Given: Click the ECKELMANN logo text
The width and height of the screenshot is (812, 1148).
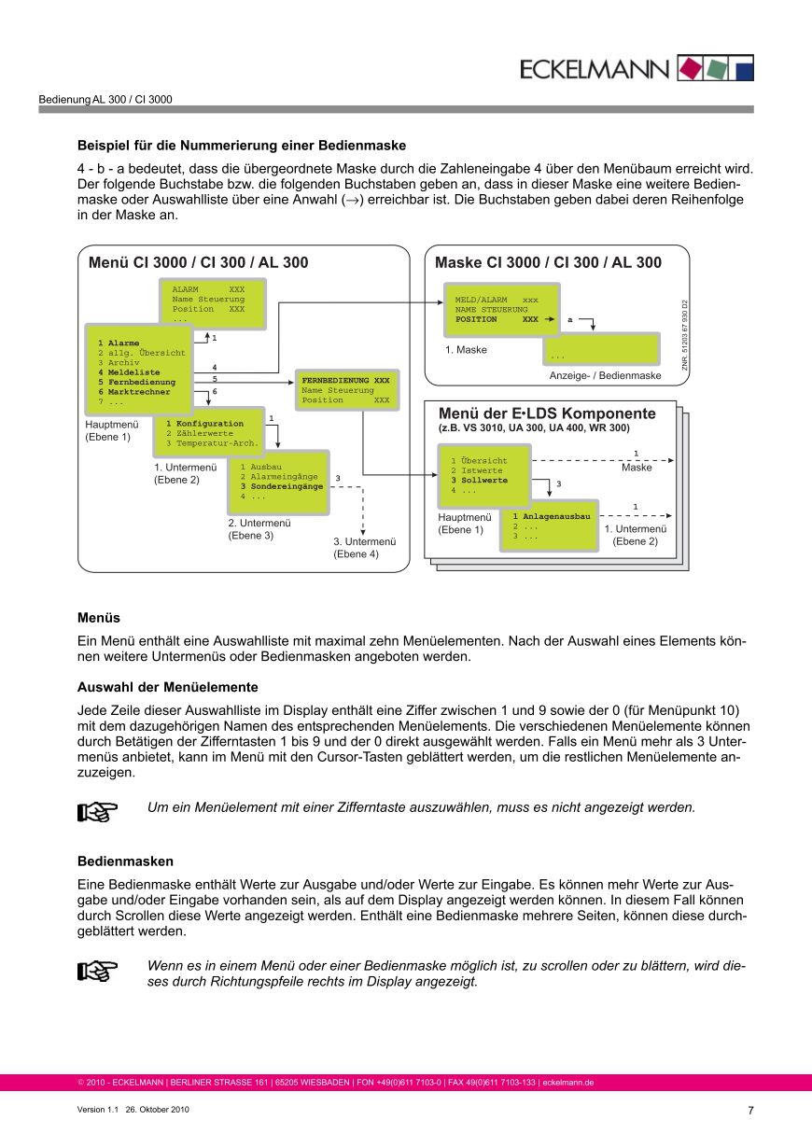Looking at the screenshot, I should (x=595, y=69).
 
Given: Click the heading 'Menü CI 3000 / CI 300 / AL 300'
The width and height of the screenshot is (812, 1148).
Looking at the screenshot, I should (x=198, y=263).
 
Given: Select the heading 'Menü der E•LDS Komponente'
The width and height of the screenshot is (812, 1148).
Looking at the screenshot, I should (x=547, y=413).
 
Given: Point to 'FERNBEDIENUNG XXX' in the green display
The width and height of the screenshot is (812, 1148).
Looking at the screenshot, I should (x=345, y=381).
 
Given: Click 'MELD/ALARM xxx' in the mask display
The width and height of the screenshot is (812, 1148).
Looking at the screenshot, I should (x=497, y=300).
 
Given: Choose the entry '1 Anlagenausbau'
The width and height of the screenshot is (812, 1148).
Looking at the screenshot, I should (x=551, y=516).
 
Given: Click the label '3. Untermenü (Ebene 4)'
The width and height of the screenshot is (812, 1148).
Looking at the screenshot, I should (x=365, y=548).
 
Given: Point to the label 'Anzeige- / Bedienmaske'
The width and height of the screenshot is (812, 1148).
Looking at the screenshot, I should (x=605, y=375).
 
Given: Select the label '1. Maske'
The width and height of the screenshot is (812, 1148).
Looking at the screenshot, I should (x=466, y=350).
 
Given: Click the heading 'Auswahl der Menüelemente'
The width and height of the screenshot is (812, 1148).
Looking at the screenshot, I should (x=167, y=688).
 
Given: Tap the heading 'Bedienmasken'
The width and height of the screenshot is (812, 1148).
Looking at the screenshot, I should (x=125, y=861).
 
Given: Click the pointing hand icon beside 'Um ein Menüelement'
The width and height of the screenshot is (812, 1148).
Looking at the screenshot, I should (x=97, y=812).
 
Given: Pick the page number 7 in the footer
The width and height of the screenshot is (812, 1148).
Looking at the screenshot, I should (x=750, y=1111).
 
